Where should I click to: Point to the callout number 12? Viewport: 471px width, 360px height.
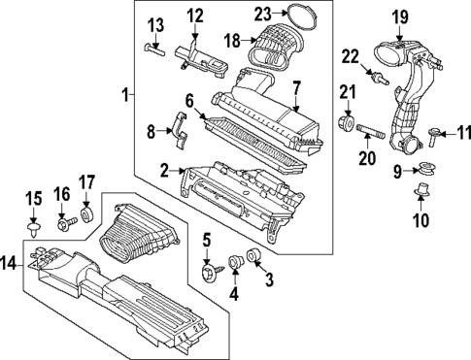(x=195, y=15)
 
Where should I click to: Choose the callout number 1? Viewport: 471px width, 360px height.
(x=124, y=94)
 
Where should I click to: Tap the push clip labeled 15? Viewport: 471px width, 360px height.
(x=34, y=229)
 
